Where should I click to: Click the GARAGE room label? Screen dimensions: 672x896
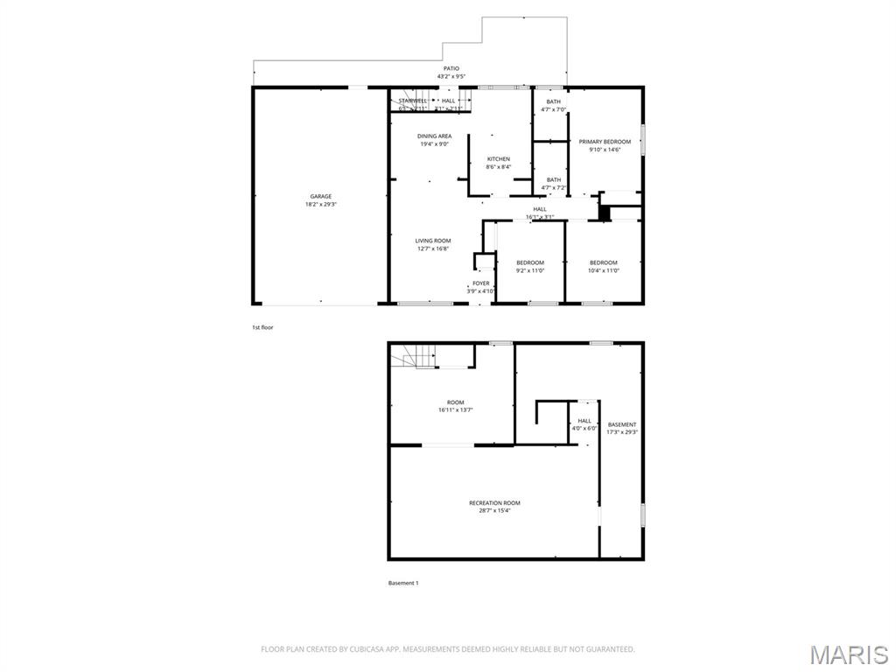pyautogui.click(x=320, y=196)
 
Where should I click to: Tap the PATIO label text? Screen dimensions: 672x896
pyautogui.click(x=451, y=68)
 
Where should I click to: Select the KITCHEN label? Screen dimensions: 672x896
pyautogui.click(x=499, y=159)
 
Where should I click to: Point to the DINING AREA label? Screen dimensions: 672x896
pyautogui.click(x=434, y=136)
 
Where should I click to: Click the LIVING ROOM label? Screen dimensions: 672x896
pyautogui.click(x=433, y=241)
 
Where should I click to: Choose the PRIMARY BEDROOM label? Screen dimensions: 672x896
pyautogui.click(x=605, y=142)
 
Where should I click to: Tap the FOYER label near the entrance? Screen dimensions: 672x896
pyautogui.click(x=481, y=283)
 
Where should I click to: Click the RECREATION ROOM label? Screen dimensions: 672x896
pyautogui.click(x=494, y=503)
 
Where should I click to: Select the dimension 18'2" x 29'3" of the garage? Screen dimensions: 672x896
pyautogui.click(x=320, y=204)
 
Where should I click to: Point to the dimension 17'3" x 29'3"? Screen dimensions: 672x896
pyautogui.click(x=622, y=431)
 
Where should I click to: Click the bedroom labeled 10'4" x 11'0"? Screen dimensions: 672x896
pyautogui.click(x=603, y=267)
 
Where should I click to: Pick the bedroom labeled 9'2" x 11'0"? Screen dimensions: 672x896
pyautogui.click(x=529, y=267)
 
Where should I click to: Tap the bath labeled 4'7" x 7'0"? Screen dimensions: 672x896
pyautogui.click(x=554, y=106)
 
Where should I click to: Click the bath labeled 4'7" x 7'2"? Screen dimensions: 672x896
pyautogui.click(x=554, y=184)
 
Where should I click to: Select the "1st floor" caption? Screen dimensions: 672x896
pyautogui.click(x=262, y=327)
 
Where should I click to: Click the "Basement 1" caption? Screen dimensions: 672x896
pyautogui.click(x=403, y=583)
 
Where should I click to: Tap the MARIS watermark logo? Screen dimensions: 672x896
pyautogui.click(x=849, y=654)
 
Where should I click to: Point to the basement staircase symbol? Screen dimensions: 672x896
pyautogui.click(x=413, y=356)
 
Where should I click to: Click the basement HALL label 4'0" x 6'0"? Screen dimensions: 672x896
pyautogui.click(x=584, y=424)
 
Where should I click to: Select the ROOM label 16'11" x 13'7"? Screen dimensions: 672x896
pyautogui.click(x=451, y=406)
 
